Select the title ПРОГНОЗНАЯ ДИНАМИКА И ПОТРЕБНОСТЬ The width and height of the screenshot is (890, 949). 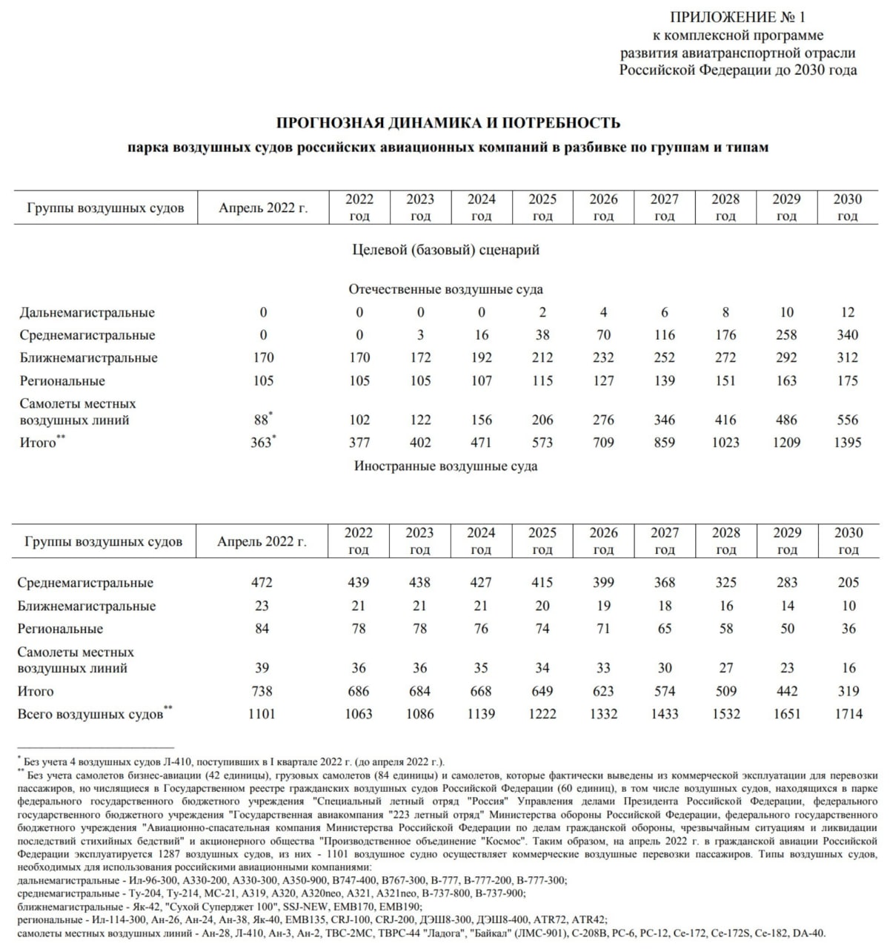448,123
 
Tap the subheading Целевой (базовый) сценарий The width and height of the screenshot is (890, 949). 445,250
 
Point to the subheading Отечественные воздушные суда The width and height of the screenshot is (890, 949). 445,289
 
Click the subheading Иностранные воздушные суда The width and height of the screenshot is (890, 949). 445,466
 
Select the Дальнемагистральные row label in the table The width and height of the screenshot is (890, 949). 87,312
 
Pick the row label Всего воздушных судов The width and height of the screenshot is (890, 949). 90,715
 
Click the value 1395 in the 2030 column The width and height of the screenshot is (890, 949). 847,443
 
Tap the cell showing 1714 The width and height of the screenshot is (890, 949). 848,714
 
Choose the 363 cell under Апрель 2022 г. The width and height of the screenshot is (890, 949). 262,443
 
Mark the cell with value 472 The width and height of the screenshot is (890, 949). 262,583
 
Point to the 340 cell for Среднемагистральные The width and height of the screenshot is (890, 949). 848,335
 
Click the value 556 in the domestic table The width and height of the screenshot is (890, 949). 848,420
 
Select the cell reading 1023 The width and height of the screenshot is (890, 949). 725,443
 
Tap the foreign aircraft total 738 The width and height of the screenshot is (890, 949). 262,691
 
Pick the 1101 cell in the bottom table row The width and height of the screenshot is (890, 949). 262,714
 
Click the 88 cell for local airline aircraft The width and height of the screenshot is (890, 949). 262,420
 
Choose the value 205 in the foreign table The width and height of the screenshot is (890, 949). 848,583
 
